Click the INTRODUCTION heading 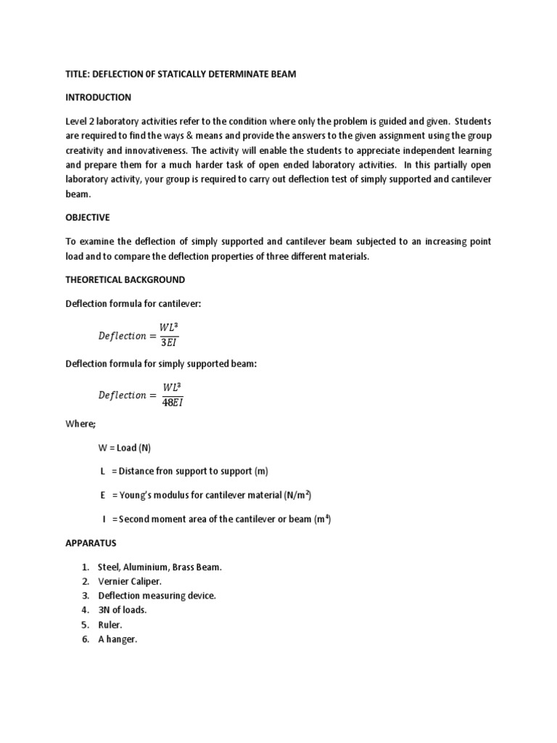(x=98, y=97)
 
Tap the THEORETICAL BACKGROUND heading (x=125, y=279)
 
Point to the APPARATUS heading (x=91, y=543)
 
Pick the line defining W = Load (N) (x=124, y=448)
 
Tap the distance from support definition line (x=184, y=472)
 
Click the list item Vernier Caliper (x=129, y=581)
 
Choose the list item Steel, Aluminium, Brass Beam (x=160, y=567)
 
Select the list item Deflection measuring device (x=157, y=596)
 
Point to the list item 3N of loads (x=122, y=610)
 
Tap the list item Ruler (x=110, y=625)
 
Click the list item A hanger (x=117, y=639)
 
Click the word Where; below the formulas (x=81, y=424)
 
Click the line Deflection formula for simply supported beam (x=161, y=364)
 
